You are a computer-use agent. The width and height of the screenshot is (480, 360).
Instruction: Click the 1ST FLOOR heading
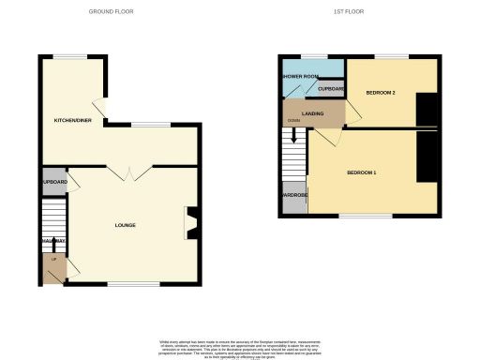(x=348, y=11)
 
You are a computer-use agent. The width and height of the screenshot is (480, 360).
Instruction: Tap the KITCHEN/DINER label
(x=72, y=121)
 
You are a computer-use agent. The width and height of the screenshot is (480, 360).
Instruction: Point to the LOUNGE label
(x=125, y=225)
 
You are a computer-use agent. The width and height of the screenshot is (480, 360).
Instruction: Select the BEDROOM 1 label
(x=362, y=173)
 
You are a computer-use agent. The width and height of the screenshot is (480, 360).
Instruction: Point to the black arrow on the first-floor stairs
(x=294, y=137)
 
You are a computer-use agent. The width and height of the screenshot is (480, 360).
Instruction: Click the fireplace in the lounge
(x=190, y=224)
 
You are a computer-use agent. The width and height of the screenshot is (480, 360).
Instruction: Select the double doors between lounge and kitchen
(x=123, y=172)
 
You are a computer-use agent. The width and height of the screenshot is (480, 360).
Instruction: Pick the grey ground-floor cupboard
(x=54, y=182)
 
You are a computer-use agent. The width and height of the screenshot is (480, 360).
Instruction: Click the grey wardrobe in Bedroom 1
(x=293, y=201)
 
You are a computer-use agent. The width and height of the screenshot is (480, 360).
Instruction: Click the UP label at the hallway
(x=53, y=259)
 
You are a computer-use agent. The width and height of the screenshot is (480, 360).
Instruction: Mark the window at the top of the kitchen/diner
(x=65, y=56)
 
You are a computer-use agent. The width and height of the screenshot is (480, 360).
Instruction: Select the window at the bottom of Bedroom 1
(x=365, y=216)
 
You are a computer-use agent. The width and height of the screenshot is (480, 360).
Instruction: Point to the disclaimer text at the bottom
(x=240, y=346)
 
